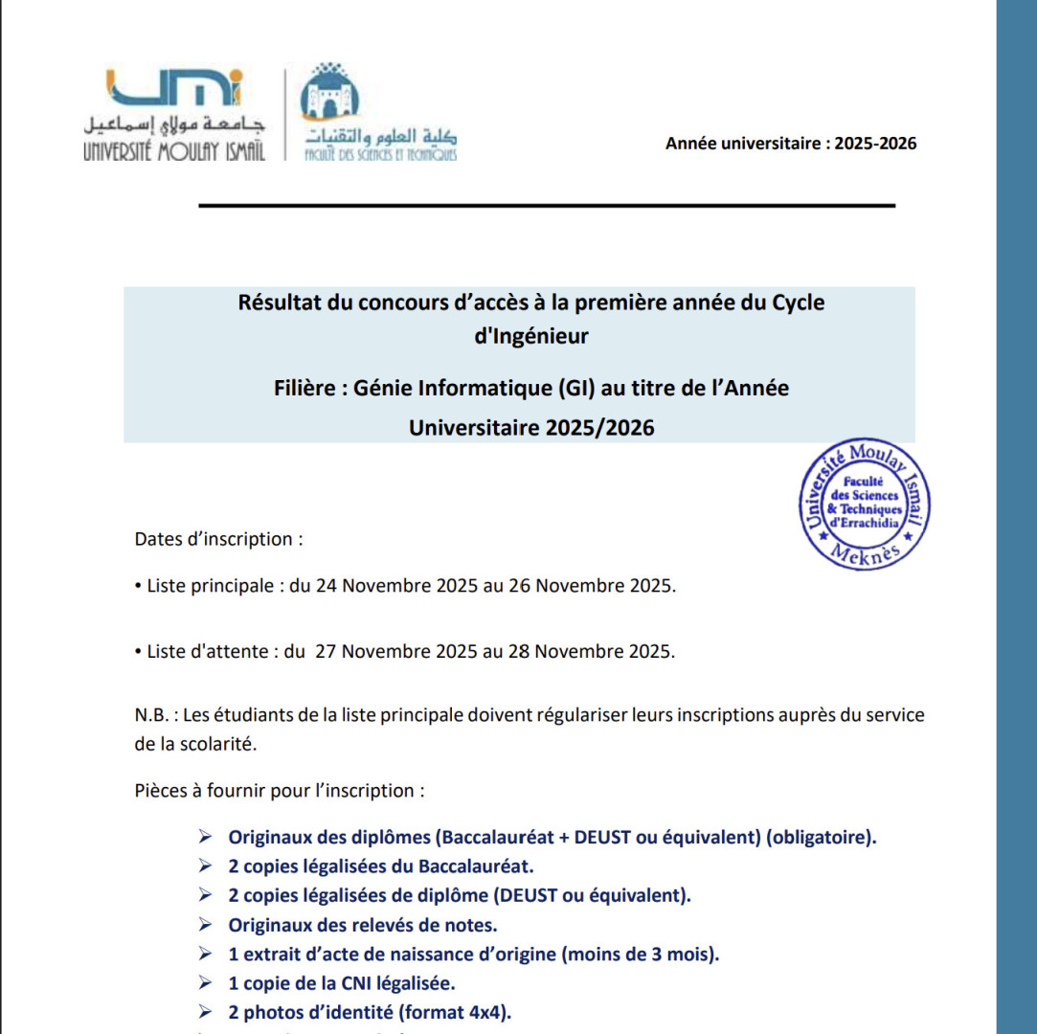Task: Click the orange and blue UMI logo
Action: pyautogui.click(x=176, y=88)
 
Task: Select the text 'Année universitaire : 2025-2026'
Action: pyautogui.click(x=791, y=144)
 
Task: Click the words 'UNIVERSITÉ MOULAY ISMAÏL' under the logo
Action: pyautogui.click(x=174, y=151)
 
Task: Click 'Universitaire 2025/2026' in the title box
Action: pyautogui.click(x=531, y=427)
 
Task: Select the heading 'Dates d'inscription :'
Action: pyautogui.click(x=219, y=539)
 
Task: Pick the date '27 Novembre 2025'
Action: pyautogui.click(x=396, y=651)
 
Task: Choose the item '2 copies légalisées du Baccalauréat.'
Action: pyautogui.click(x=380, y=866)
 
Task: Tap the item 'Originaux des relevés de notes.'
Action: pyautogui.click(x=362, y=925)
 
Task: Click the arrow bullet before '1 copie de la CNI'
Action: pyautogui.click(x=205, y=983)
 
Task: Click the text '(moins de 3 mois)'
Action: pyautogui.click(x=641, y=954)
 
